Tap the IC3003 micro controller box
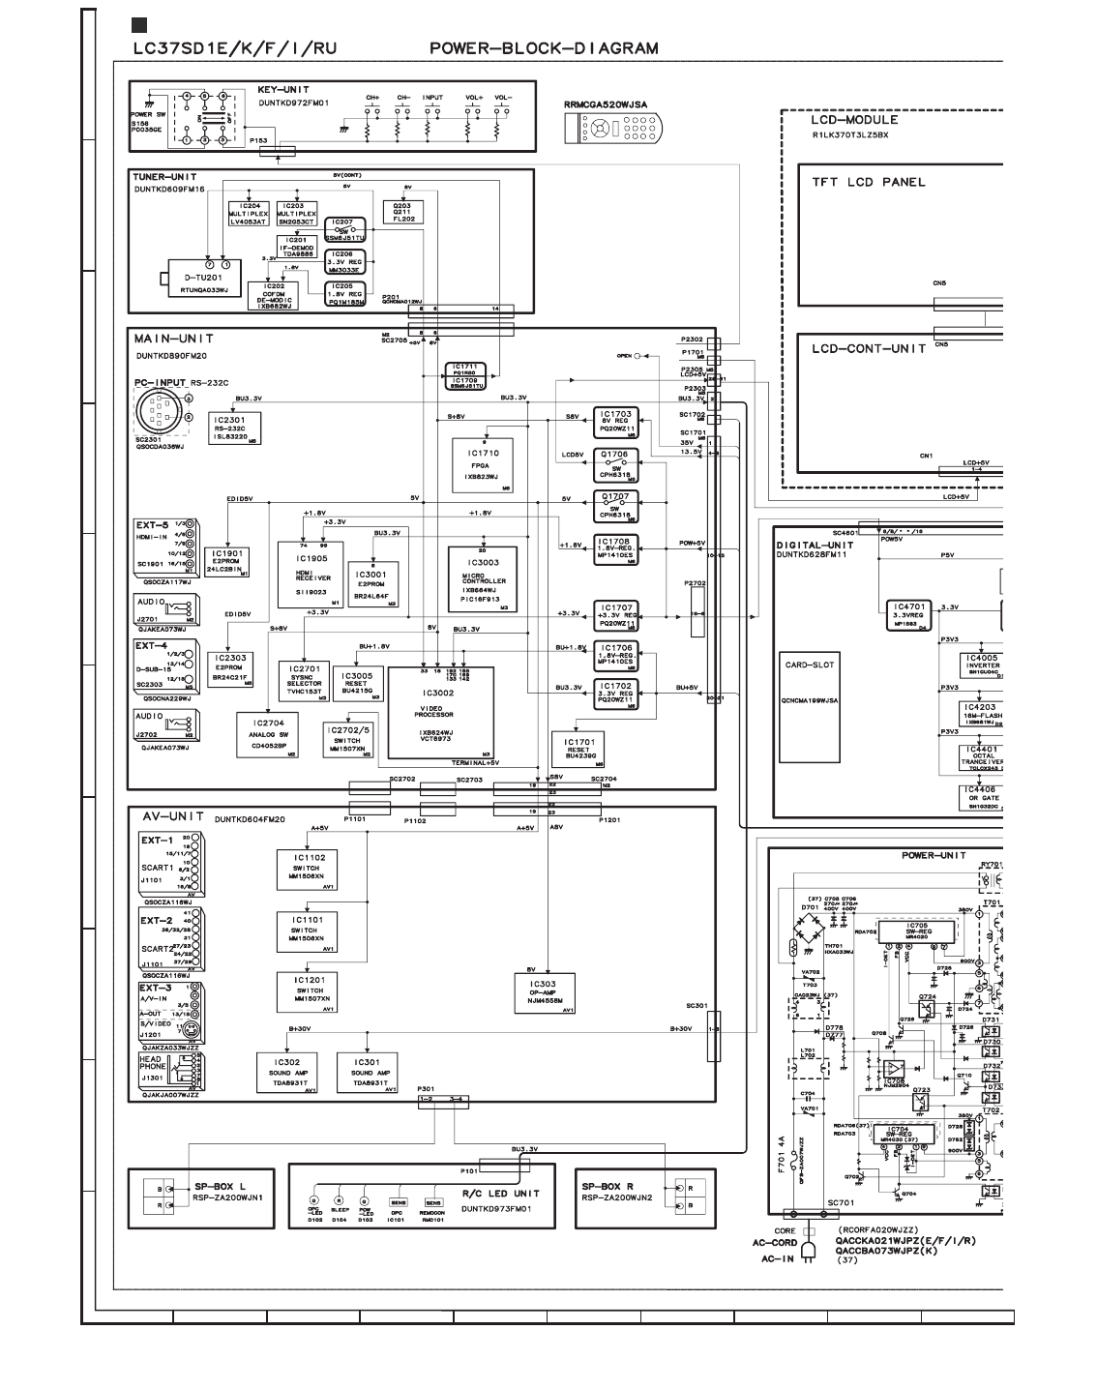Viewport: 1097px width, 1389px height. coord(487,577)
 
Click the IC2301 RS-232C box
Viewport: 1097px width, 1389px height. coord(234,427)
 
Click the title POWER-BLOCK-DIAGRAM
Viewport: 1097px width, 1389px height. coord(545,48)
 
